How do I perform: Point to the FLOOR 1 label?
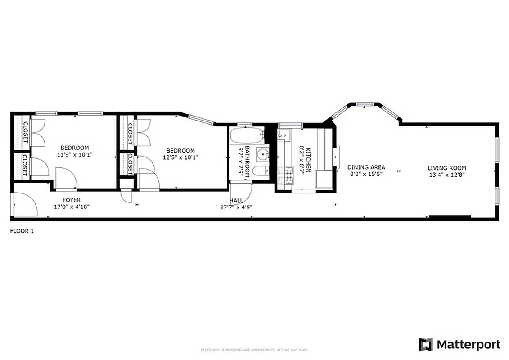pos(22,231)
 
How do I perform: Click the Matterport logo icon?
pos(426,345)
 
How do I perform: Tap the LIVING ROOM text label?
pos(446,168)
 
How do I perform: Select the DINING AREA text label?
pos(366,167)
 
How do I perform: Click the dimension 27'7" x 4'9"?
pos(236,207)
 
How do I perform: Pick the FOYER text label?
pos(72,200)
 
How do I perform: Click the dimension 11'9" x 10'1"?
pos(75,154)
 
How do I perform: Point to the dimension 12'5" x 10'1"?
pos(180,157)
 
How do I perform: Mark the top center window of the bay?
pos(365,104)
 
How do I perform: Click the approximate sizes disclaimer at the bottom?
pos(254,350)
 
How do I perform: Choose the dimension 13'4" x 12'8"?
pos(446,175)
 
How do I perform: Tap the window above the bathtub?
pos(245,124)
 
